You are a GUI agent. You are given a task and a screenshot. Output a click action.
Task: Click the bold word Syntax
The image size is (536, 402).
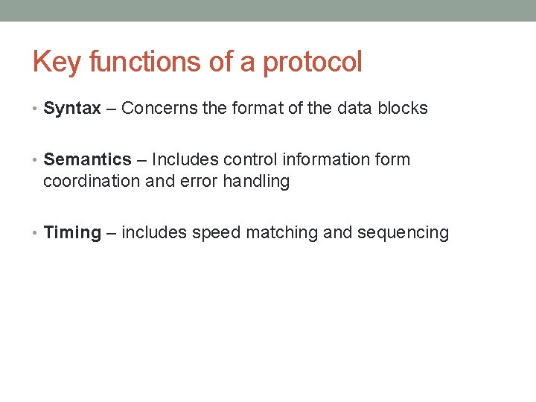pyautogui.click(x=72, y=108)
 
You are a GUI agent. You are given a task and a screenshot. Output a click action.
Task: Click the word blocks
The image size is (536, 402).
pyautogui.click(x=403, y=108)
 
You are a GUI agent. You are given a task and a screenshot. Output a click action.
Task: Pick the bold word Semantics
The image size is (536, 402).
pyautogui.click(x=87, y=159)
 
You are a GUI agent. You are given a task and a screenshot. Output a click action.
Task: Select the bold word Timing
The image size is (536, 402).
pyautogui.click(x=72, y=232)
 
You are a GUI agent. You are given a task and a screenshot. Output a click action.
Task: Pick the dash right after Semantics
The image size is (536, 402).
pyautogui.click(x=141, y=159)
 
